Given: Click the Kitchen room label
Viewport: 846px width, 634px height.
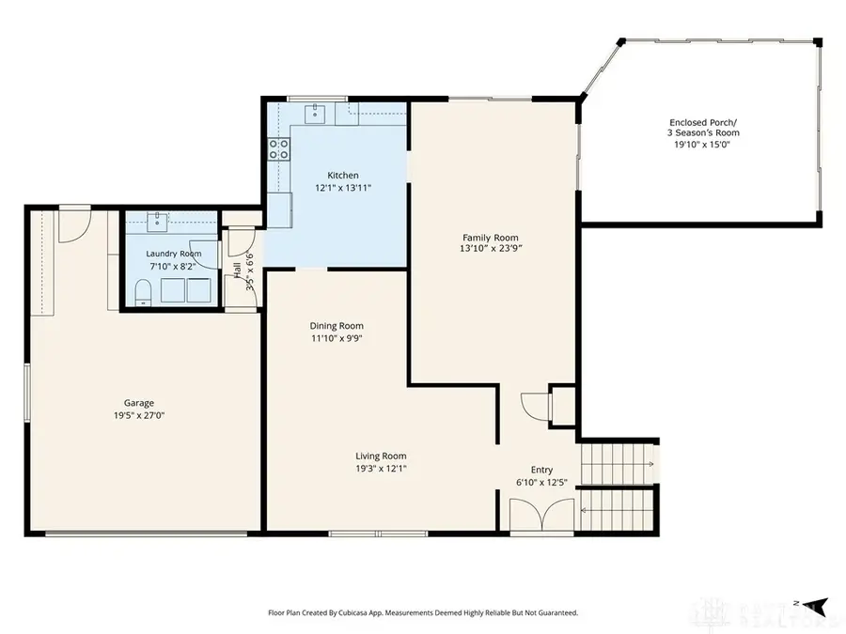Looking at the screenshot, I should click(342, 176).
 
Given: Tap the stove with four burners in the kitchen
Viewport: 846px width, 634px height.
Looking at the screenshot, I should click(279, 147).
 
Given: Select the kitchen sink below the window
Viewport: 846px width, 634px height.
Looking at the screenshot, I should click(317, 115).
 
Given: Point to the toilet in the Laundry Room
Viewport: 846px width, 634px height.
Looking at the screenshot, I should click(141, 299).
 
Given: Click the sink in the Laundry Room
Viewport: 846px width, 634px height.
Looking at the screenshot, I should click(157, 222).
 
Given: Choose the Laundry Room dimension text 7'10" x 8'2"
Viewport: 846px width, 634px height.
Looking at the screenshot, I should click(173, 267).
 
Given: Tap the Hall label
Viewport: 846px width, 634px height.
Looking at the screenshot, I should click(236, 271).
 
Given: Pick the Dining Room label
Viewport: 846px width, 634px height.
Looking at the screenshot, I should click(337, 326).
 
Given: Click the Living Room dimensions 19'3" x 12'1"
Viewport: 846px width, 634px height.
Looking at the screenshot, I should click(380, 469).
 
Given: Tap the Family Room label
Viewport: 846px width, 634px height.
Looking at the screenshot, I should click(490, 238).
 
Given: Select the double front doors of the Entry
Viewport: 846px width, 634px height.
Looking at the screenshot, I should click(540, 515).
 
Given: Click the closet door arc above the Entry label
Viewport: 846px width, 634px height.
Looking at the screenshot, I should click(534, 406).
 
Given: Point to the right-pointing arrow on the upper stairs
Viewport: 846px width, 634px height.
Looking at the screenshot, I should click(650, 464).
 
